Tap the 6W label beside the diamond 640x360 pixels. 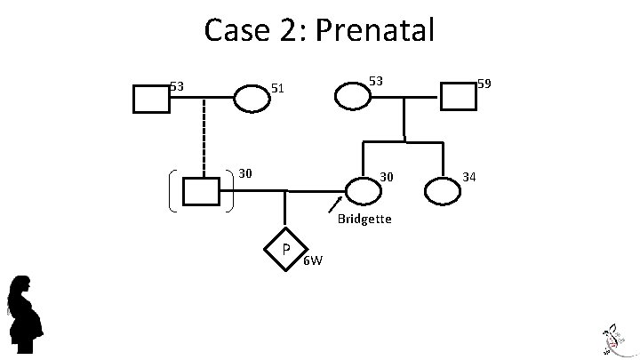(313, 260)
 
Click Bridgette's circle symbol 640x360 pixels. (363, 189)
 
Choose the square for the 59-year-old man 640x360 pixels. (458, 96)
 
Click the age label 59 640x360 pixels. (484, 84)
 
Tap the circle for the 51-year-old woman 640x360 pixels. (252, 98)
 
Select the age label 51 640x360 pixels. (277, 88)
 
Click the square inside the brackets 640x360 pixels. (201, 191)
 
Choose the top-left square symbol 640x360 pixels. (151, 98)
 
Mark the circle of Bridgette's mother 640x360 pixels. (352, 95)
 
